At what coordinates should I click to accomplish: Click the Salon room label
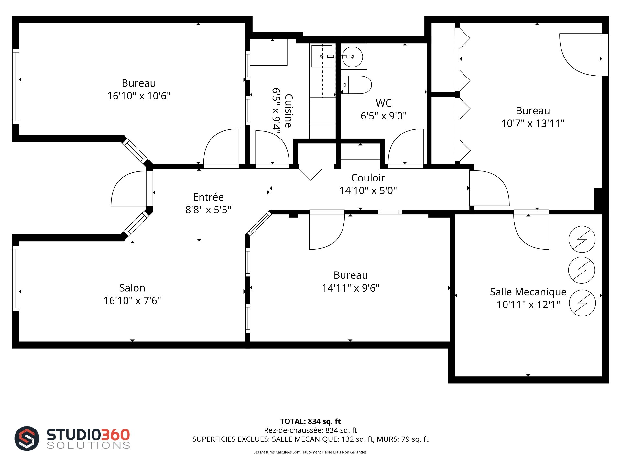(132, 288)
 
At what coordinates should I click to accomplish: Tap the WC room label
(384, 103)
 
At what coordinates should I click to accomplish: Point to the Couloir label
(368, 178)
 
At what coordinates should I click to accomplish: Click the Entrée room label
(208, 197)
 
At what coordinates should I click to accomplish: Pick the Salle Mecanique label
(528, 292)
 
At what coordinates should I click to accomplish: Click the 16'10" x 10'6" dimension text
(139, 96)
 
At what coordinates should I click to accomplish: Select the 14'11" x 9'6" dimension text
(351, 288)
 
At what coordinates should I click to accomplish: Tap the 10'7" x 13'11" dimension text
(533, 123)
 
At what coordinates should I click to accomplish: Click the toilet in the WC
(356, 85)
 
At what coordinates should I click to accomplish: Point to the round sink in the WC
(353, 57)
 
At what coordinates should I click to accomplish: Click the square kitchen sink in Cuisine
(321, 56)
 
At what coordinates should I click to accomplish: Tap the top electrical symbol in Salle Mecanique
(582, 239)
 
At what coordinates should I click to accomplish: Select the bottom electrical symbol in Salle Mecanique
(582, 303)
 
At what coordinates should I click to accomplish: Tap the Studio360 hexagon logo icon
(27, 439)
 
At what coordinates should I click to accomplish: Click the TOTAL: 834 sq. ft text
(310, 421)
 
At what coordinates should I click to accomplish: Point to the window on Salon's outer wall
(16, 278)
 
